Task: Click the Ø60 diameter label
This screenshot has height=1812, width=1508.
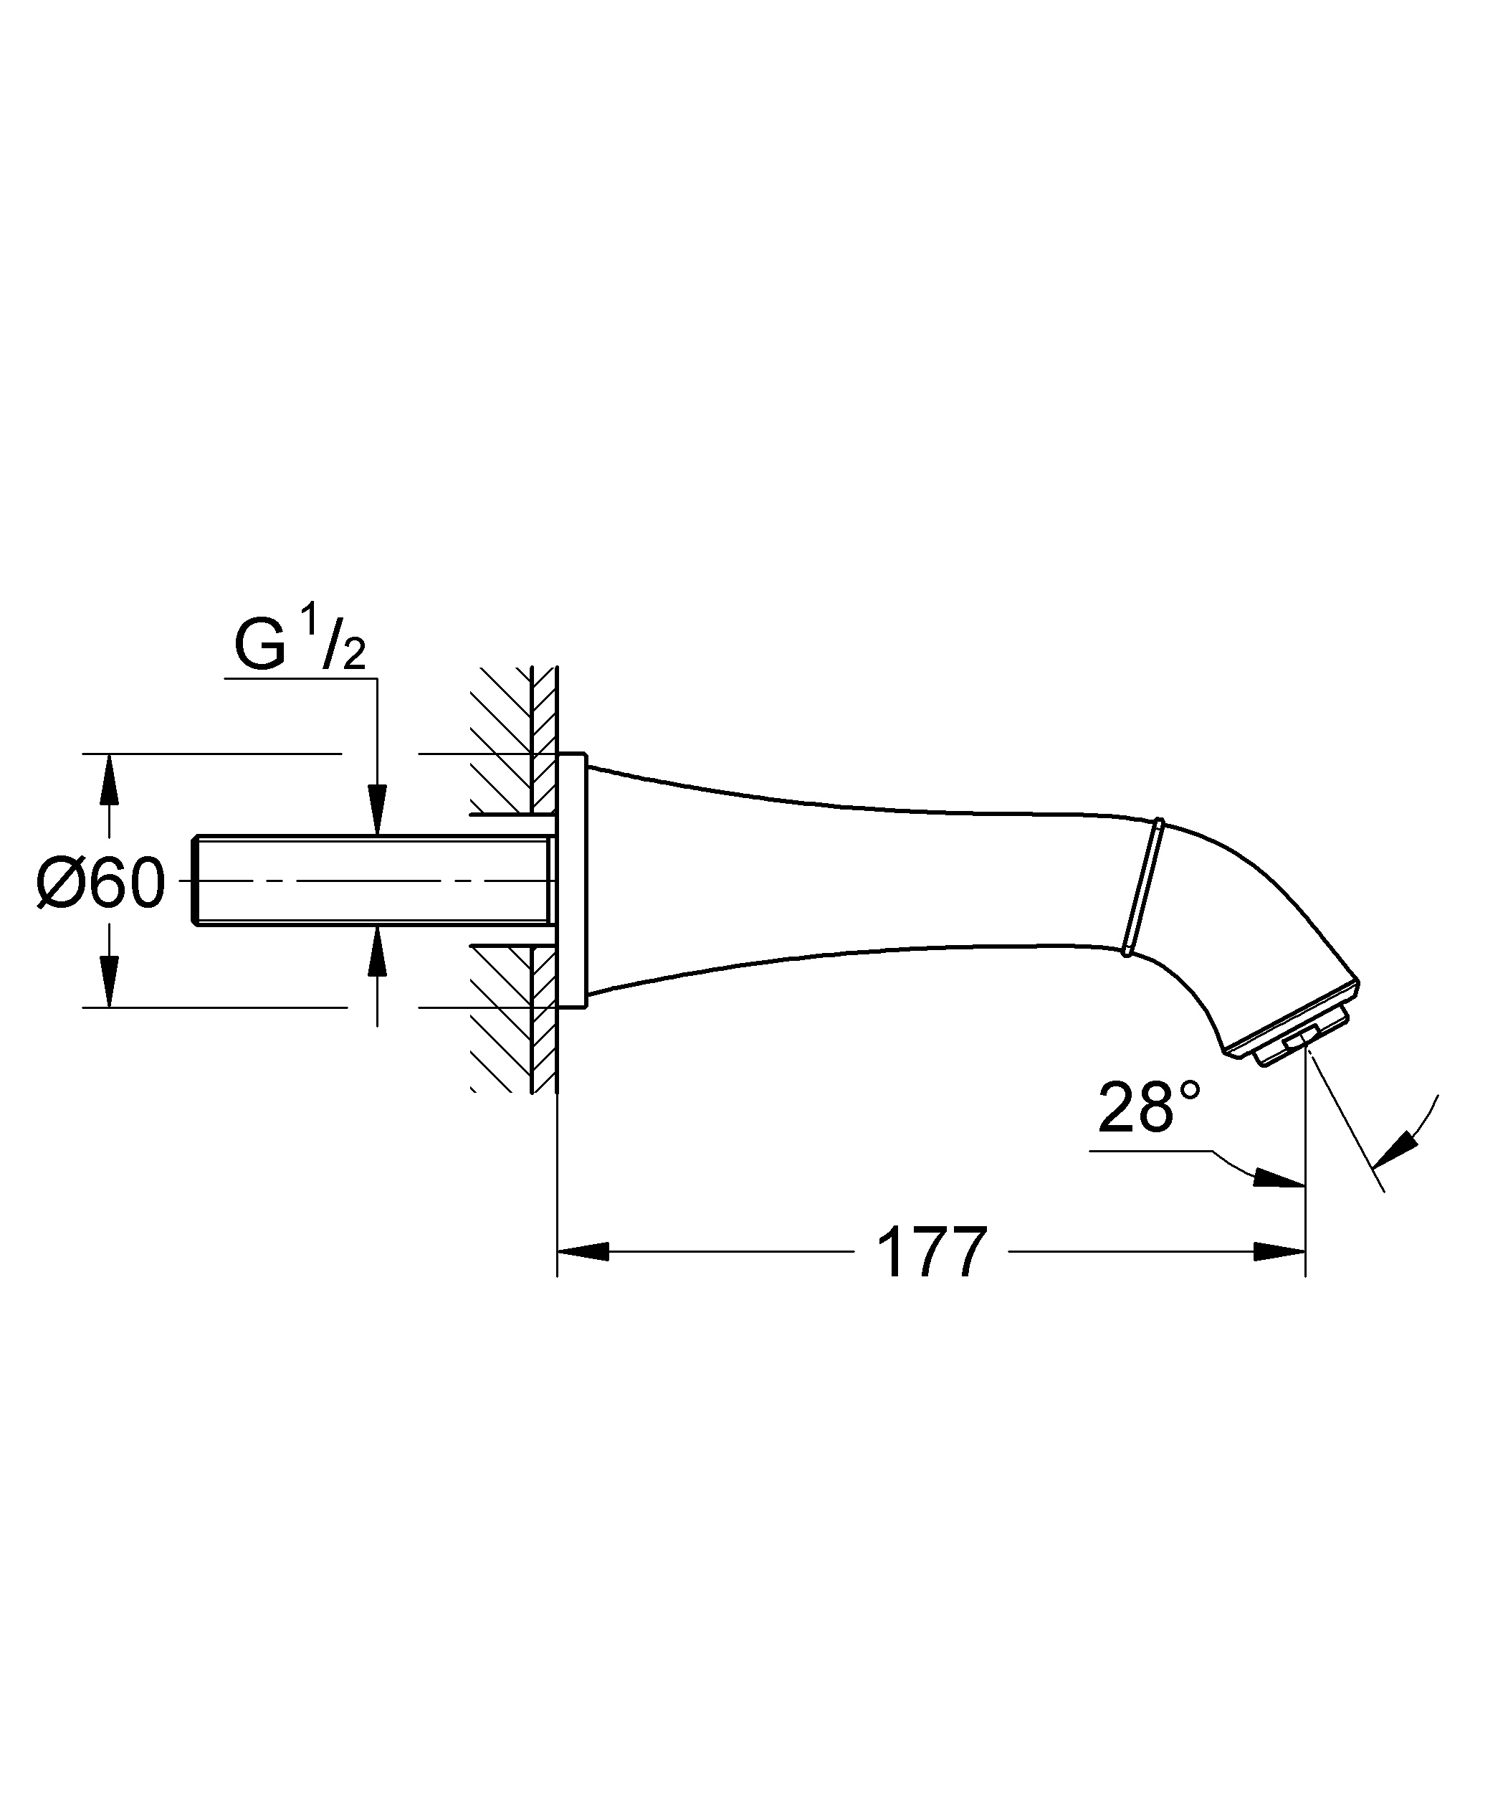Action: pos(101,883)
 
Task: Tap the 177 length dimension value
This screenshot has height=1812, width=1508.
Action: pos(931,1253)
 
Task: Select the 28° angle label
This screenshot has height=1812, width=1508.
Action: pos(1148,1109)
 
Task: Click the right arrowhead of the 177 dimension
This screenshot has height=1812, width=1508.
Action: pos(1279,1252)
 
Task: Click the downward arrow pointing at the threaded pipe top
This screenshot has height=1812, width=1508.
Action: pos(377,809)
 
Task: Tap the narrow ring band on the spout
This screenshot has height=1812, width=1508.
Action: pos(1143,887)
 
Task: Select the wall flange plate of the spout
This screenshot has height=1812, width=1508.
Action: pos(571,880)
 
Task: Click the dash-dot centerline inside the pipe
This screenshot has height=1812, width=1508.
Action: pos(371,880)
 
